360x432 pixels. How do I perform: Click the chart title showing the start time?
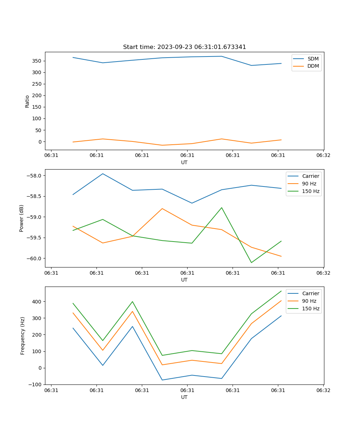coord(184,47)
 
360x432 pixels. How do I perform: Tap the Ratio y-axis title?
coord(27,102)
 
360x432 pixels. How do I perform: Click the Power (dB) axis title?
coord(22,218)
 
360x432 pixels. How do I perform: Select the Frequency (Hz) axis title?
coord(23,336)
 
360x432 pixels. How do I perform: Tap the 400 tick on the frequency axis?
coord(37,301)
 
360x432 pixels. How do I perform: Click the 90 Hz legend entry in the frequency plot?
coord(309,301)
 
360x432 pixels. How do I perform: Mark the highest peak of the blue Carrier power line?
coord(103,174)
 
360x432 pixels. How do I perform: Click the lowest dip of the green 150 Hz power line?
coord(251,262)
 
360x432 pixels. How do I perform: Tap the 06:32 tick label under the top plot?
coord(323,156)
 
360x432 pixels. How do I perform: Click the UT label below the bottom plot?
coord(184,397)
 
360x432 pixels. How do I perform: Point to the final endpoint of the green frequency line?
coord(281,291)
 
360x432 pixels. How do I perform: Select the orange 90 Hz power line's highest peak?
coord(162,208)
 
